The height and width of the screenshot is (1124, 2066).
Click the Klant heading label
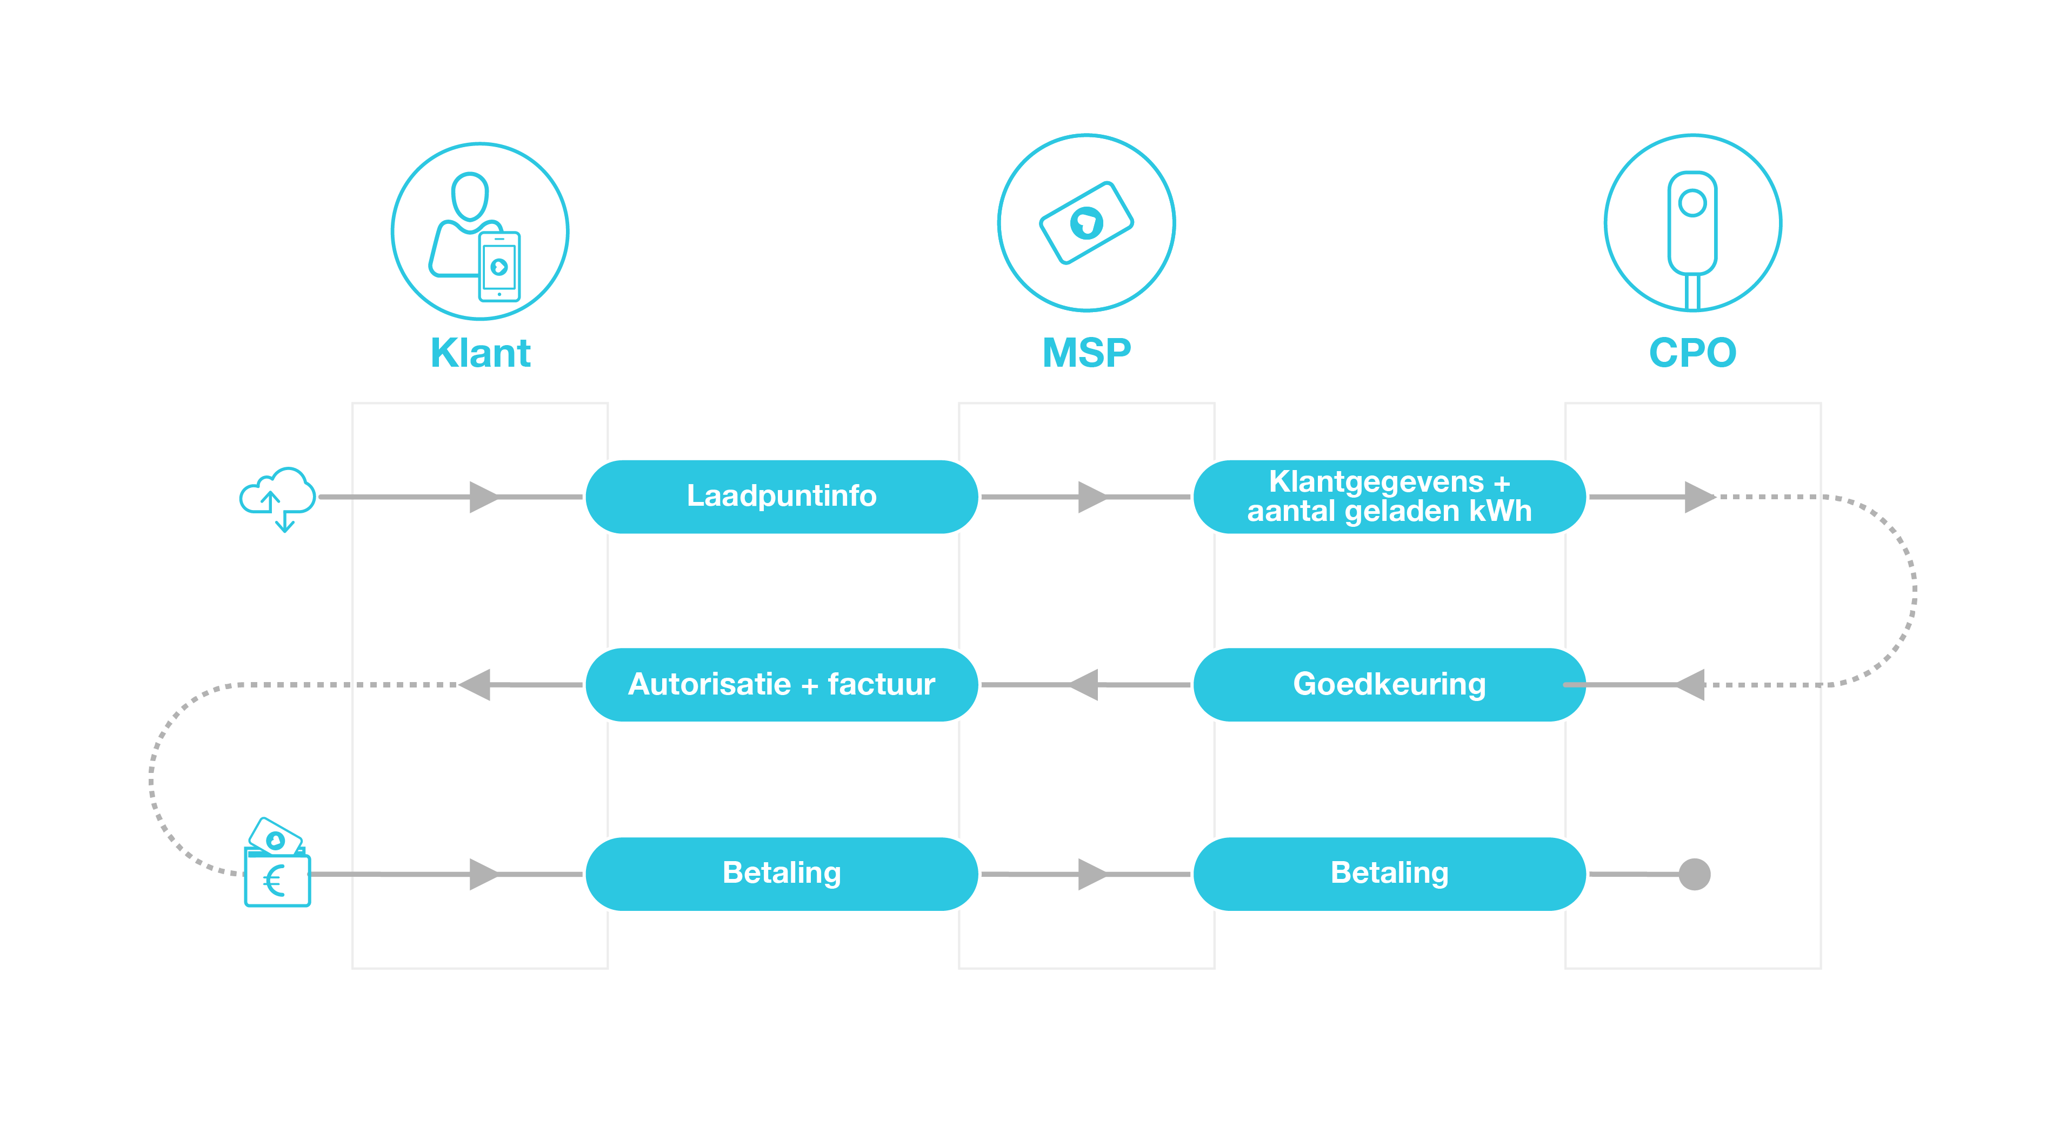481,353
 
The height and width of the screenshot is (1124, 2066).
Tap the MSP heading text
1086,353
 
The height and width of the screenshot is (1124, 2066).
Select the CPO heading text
1692,353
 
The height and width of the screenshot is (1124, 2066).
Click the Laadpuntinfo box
782,497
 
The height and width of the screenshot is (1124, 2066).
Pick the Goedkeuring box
1389,684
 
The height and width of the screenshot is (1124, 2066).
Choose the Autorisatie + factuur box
782,684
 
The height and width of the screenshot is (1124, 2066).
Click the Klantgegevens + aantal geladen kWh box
1389,497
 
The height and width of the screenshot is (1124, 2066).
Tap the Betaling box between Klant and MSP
782,874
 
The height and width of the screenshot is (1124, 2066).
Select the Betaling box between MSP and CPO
1389,874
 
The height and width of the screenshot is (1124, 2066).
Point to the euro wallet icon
277,862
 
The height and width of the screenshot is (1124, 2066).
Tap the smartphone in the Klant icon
499,266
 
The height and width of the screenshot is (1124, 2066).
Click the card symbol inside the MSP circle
1086,223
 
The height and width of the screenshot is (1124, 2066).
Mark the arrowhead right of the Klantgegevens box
1700,497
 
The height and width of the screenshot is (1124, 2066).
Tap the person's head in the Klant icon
470,196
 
